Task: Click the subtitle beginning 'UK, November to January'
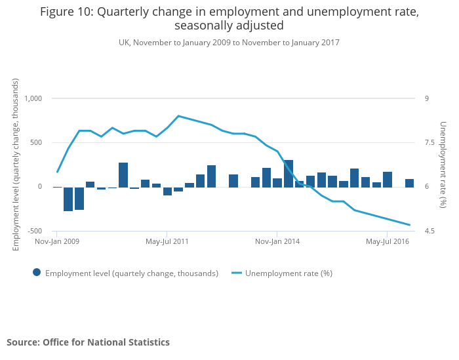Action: [229, 42]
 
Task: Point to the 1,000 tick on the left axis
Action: [33, 98]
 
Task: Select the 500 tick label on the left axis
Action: [36, 142]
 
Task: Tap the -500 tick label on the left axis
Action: [35, 231]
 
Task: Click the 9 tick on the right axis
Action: [426, 98]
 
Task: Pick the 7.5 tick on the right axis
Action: [429, 142]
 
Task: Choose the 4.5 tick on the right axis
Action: [429, 231]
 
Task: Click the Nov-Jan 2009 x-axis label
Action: [57, 241]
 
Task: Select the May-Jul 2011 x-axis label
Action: [167, 241]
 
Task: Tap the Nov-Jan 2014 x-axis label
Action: [277, 241]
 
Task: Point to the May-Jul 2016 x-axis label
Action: [388, 241]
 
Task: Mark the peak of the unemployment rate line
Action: [178, 116]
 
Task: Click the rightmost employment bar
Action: [409, 183]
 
